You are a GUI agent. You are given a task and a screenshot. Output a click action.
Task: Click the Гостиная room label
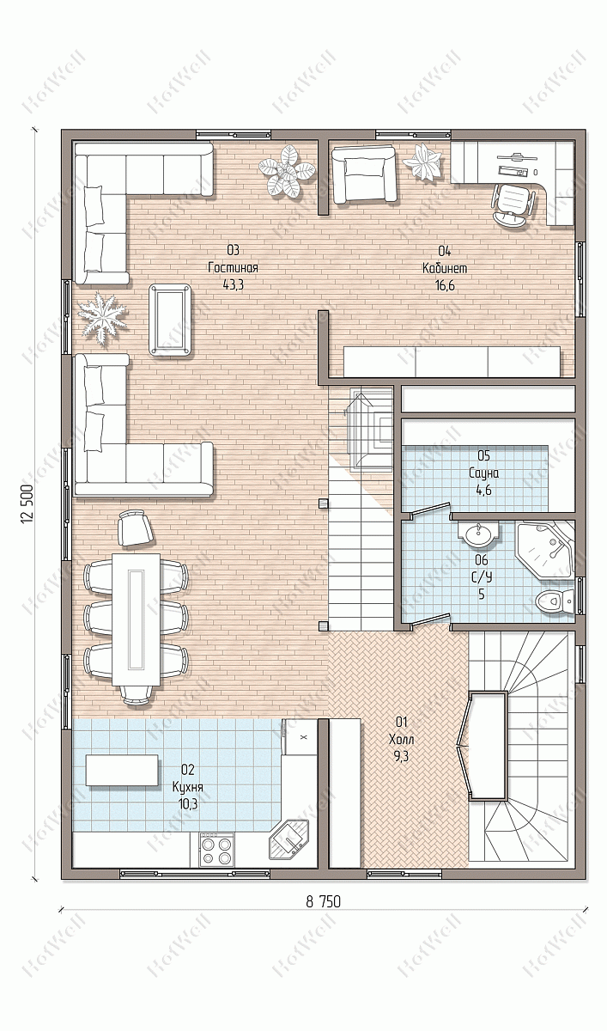(x=233, y=267)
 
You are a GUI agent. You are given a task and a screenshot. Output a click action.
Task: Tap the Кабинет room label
(x=445, y=268)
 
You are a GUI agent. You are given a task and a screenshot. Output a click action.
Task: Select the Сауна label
(x=483, y=473)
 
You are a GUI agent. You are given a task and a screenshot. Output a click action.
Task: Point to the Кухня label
(x=188, y=787)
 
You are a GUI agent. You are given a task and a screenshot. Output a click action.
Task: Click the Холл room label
(x=402, y=740)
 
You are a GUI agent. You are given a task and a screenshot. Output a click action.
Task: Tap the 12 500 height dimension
(x=27, y=504)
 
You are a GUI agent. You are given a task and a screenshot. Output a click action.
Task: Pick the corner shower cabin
(x=546, y=549)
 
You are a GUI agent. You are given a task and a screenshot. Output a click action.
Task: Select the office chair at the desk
(x=513, y=204)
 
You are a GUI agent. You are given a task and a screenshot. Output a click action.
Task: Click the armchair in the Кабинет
(x=364, y=174)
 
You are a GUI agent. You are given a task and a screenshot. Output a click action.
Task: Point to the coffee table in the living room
(x=170, y=320)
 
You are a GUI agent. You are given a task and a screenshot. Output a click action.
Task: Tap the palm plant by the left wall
(x=101, y=317)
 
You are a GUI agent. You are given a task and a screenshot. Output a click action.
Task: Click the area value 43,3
(x=234, y=285)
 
